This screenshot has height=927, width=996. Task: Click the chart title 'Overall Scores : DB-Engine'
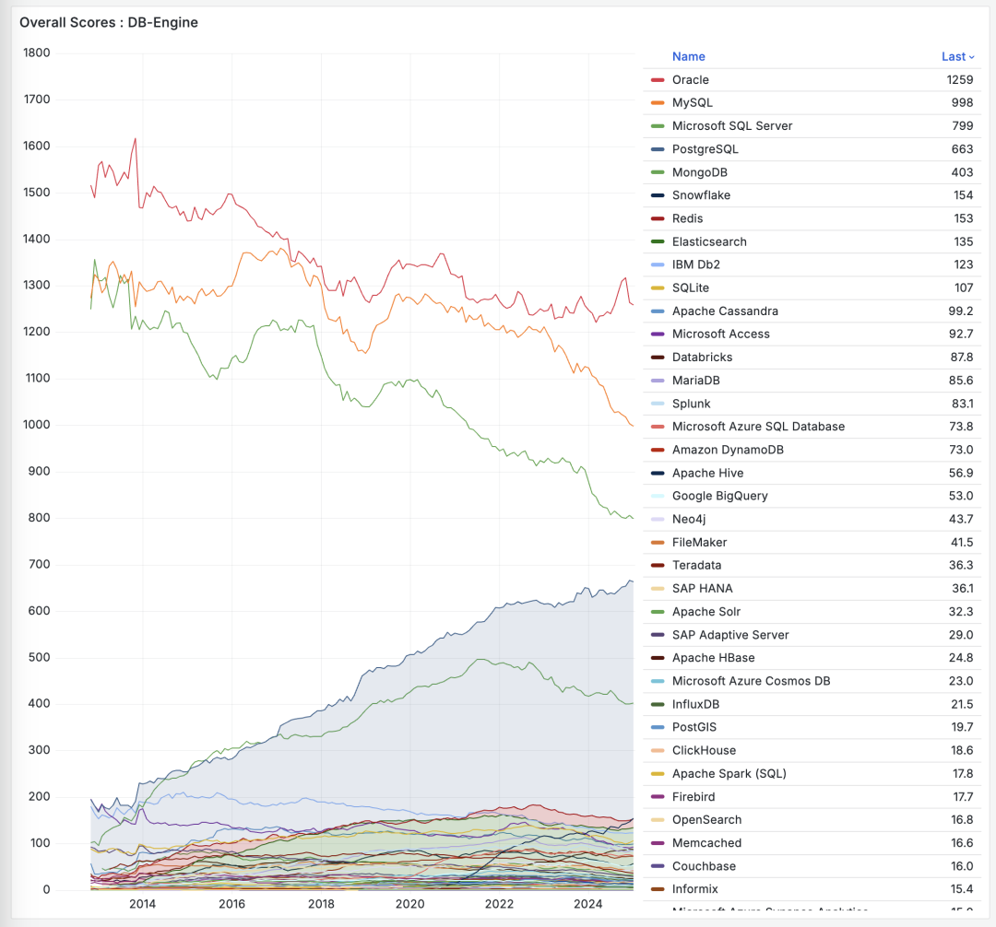pos(109,22)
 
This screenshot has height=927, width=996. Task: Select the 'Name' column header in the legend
pos(688,56)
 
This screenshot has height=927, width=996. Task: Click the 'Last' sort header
pos(954,56)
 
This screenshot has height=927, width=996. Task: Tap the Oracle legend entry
pos(690,80)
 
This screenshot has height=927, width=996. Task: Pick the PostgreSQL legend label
pos(705,149)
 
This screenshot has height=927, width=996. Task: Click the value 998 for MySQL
pos(960,103)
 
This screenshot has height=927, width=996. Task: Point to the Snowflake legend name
pos(701,195)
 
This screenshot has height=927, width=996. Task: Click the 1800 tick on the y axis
pos(36,53)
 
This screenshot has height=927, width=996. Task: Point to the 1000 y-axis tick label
pos(36,425)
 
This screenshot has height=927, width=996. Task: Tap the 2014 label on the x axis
pos(142,904)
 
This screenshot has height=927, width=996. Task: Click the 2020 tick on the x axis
pos(409,904)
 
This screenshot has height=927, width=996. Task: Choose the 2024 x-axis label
pos(587,904)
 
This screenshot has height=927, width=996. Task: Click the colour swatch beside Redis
pos(658,218)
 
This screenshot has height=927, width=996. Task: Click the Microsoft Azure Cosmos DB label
pos(751,681)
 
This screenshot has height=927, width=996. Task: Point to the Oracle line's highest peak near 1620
pos(136,139)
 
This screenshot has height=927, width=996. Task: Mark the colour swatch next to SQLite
pos(658,288)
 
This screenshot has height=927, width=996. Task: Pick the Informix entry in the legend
pos(694,889)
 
